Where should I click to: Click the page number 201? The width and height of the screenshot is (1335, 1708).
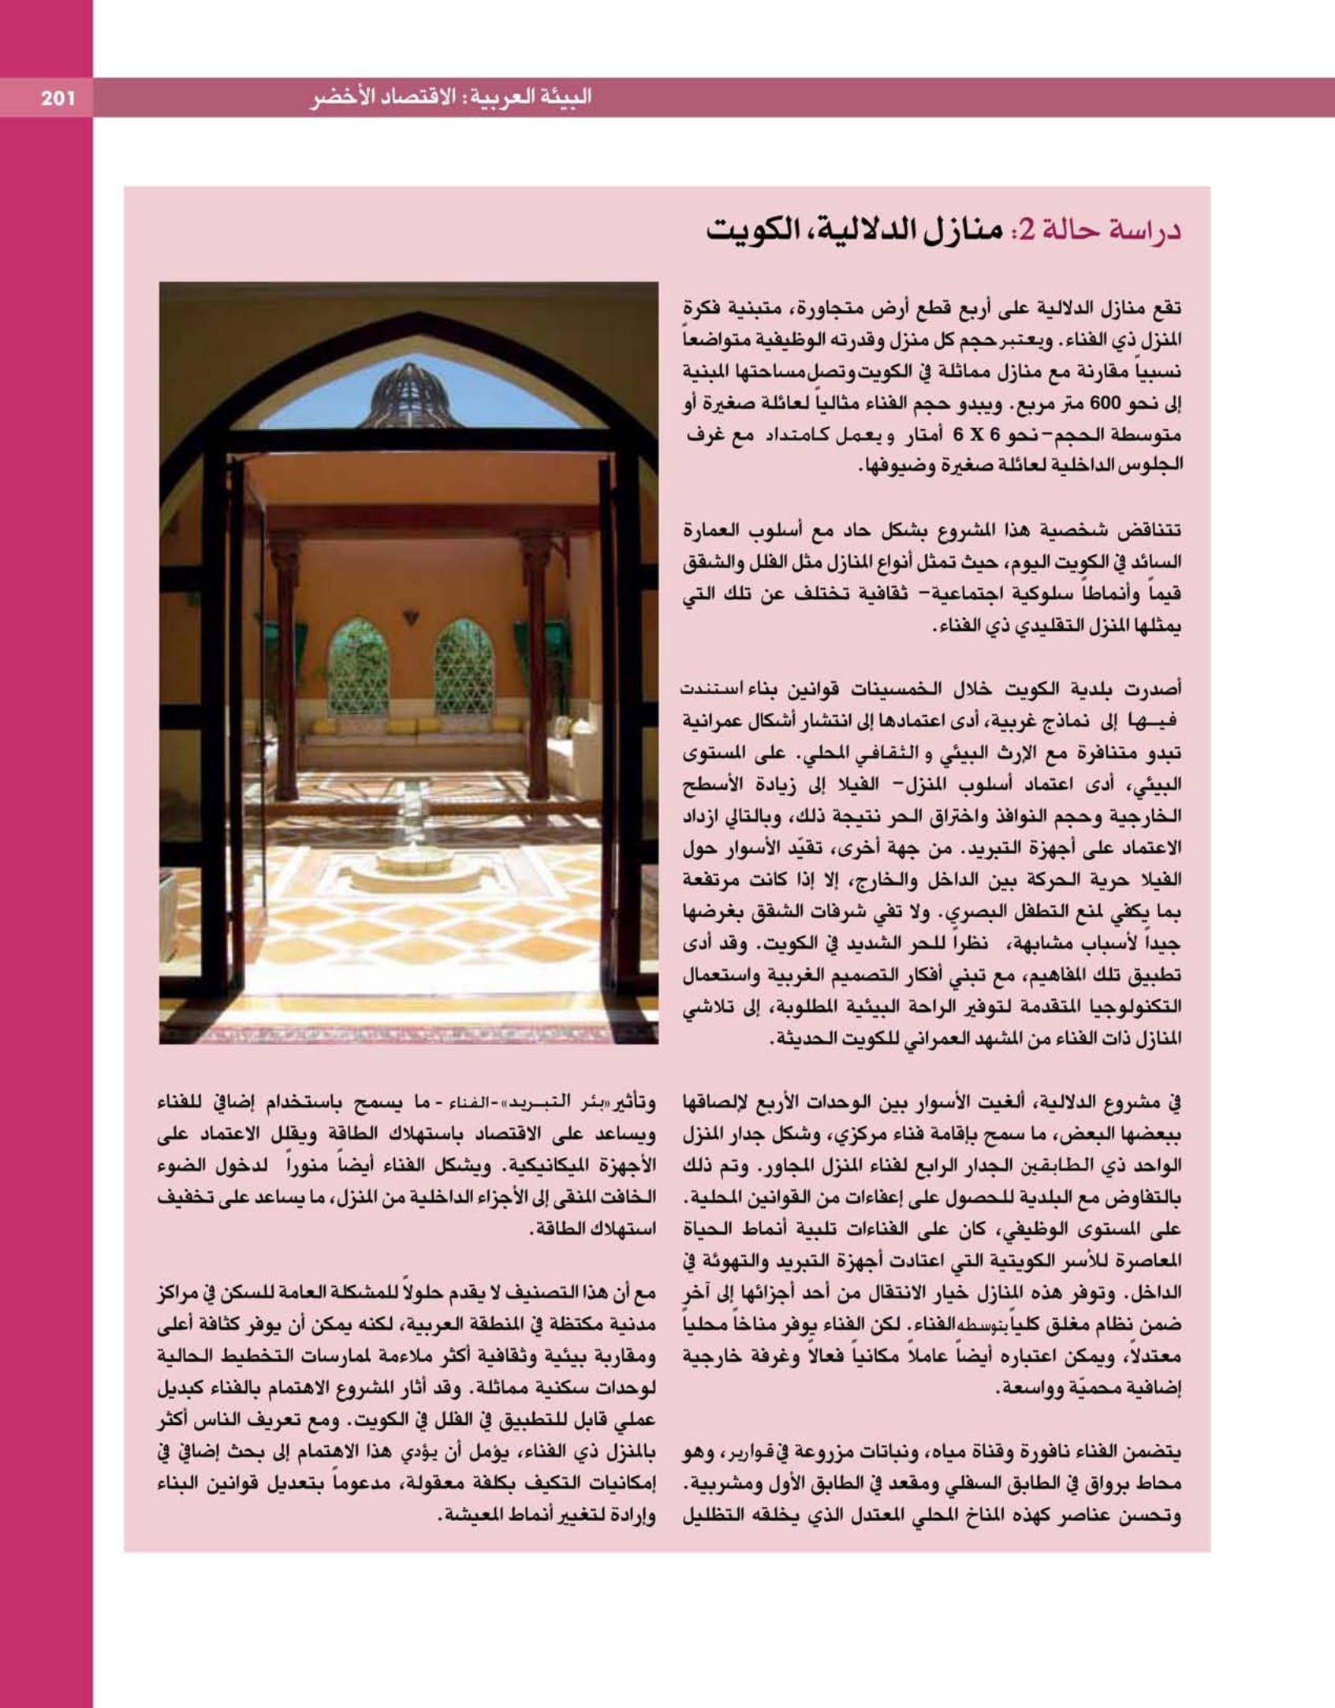coord(57,99)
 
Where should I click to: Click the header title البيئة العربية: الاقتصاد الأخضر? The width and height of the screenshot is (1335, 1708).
coord(450,98)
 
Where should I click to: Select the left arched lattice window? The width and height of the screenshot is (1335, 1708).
coord(360,666)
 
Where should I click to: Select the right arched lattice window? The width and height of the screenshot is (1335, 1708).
coord(464,666)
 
